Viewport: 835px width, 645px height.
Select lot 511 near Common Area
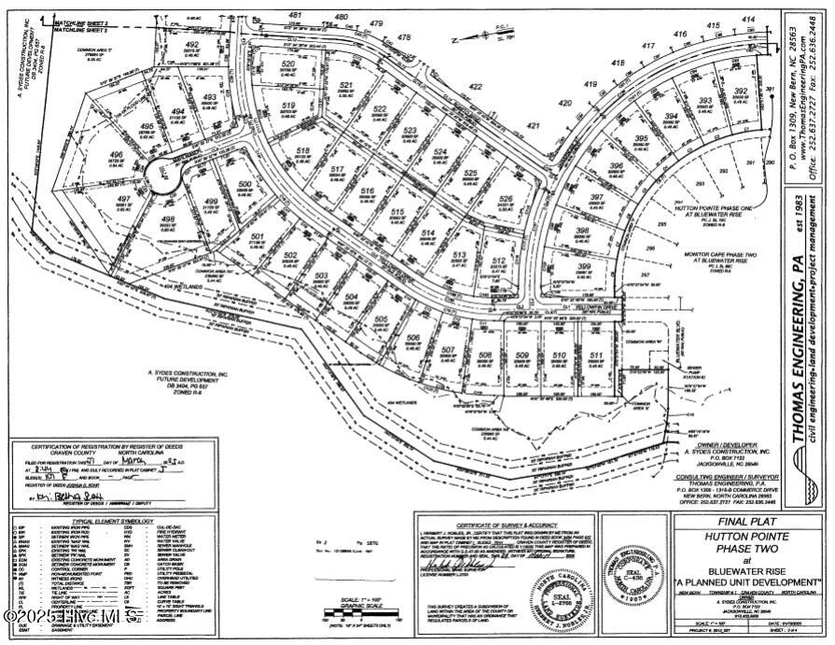tap(595, 356)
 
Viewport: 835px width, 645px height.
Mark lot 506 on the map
tap(412, 339)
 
